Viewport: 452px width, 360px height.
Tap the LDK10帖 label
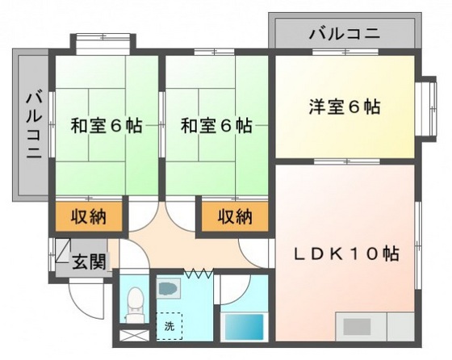click(345, 253)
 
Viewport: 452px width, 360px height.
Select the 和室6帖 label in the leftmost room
click(106, 126)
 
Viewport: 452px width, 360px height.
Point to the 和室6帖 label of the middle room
click(216, 126)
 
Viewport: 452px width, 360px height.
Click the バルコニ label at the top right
click(345, 35)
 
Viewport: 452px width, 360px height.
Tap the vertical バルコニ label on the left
click(33, 126)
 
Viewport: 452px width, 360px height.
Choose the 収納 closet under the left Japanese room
click(90, 216)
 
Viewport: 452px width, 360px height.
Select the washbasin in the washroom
click(167, 287)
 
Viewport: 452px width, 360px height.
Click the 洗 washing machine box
click(169, 325)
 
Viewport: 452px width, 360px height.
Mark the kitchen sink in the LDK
click(356, 327)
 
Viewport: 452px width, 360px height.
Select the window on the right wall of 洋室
click(425, 105)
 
